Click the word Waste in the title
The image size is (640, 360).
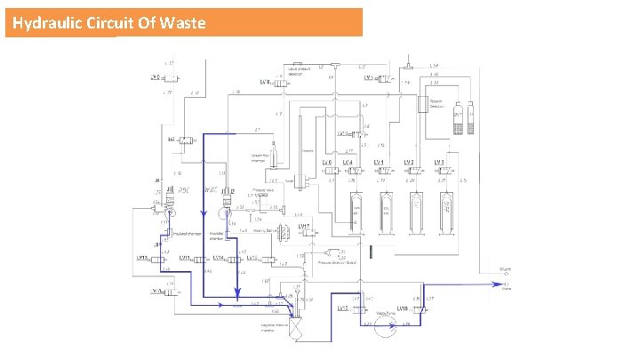[x=183, y=22]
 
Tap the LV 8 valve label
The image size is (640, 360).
[x=266, y=82]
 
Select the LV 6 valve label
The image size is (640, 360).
[x=326, y=163]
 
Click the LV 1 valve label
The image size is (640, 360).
[x=378, y=163]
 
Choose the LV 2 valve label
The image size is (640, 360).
[x=408, y=163]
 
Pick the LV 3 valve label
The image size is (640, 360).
[x=438, y=163]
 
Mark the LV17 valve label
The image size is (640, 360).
[x=303, y=227]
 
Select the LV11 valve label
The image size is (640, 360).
[x=184, y=259]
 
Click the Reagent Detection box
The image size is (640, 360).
[x=436, y=104]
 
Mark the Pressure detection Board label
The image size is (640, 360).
[x=338, y=264]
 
